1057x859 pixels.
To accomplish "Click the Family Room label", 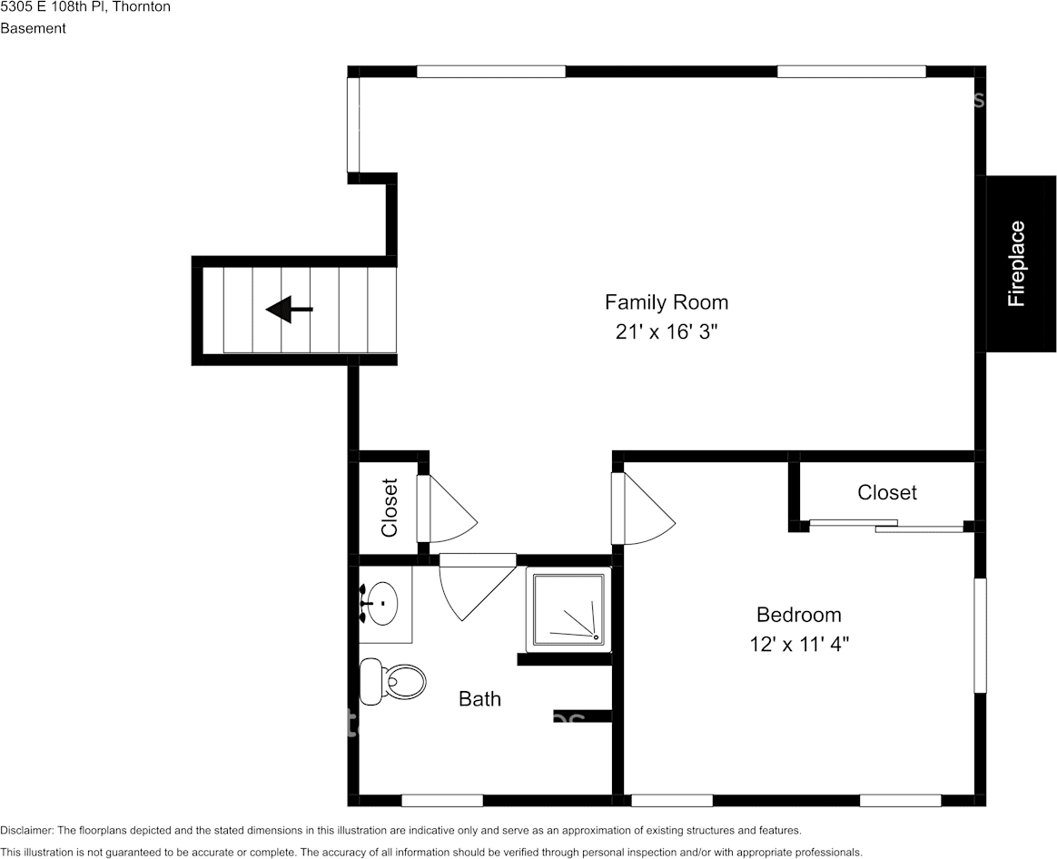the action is click(666, 302).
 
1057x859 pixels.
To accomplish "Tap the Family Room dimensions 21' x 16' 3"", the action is click(664, 331).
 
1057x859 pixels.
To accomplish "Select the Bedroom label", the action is click(799, 615).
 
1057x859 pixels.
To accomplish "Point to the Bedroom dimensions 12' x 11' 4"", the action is click(799, 645).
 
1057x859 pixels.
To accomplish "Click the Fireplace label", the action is click(1016, 263).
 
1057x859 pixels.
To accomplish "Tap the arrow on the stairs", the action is click(289, 309).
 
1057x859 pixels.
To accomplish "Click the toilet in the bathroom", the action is click(392, 682).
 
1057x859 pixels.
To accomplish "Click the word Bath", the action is click(479, 698).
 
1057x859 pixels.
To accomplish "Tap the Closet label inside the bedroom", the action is click(886, 492).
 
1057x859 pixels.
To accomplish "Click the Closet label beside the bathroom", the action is click(390, 508).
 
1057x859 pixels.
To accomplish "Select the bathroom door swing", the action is click(478, 587).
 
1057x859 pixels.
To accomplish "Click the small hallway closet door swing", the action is click(446, 509).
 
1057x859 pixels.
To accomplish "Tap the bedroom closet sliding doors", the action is click(885, 526).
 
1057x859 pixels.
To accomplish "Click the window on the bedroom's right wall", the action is click(980, 635).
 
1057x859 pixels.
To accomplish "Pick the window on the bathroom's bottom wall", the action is click(442, 800).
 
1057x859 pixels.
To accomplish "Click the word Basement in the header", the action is click(33, 28).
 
